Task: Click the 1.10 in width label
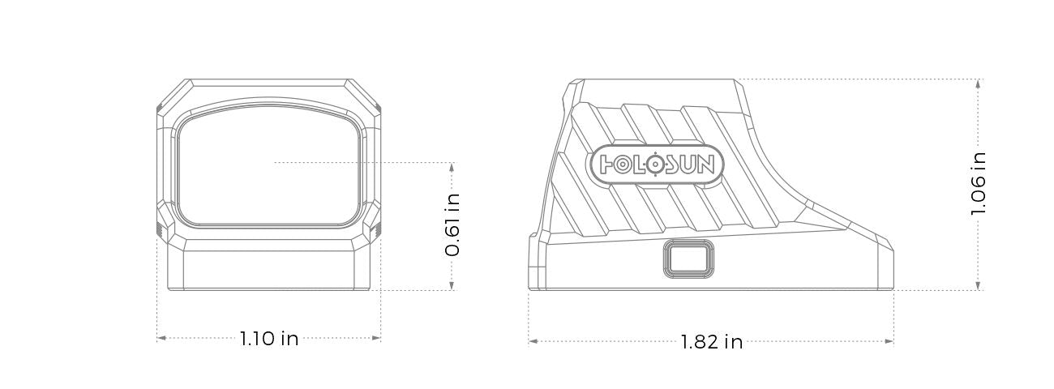(x=268, y=339)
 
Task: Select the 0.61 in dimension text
(x=452, y=224)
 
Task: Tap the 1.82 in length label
(x=712, y=342)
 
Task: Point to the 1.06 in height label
(x=979, y=184)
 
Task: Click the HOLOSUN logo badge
(x=654, y=165)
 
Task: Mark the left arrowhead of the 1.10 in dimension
(x=161, y=338)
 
